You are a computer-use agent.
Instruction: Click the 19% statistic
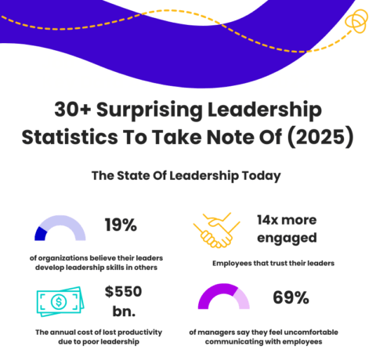click(x=121, y=225)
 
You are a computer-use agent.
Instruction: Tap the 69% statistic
click(x=290, y=297)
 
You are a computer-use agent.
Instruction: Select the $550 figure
click(x=125, y=292)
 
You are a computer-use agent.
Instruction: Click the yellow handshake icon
click(x=217, y=231)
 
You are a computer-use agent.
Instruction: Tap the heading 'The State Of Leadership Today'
click(x=187, y=175)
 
